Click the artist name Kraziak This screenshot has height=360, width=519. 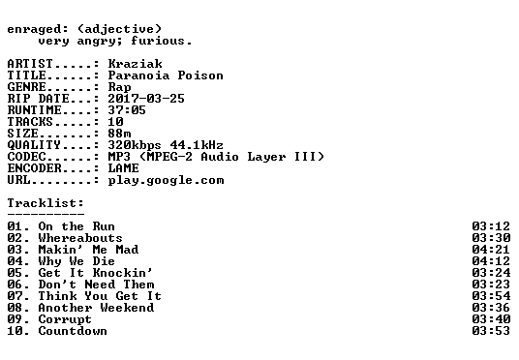click(x=135, y=64)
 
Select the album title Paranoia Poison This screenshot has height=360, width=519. click(x=166, y=75)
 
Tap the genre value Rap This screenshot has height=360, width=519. click(x=119, y=87)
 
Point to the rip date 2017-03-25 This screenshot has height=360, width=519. click(x=146, y=99)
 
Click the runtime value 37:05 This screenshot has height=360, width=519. click(x=127, y=110)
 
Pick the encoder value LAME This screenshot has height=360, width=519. click(x=124, y=168)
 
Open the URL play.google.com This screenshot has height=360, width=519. click(x=166, y=180)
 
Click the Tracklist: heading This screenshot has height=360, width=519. click(x=46, y=203)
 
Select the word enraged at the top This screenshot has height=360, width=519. click(x=34, y=29)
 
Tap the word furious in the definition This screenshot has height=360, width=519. click(x=158, y=41)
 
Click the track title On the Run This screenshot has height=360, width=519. click(x=76, y=226)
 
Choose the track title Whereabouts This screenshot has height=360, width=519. click(x=80, y=238)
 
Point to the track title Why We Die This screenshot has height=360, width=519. click(x=76, y=261)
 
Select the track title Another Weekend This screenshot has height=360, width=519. click(x=96, y=308)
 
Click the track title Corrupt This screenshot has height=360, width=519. click(x=65, y=319)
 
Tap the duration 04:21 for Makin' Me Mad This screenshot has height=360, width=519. click(x=491, y=250)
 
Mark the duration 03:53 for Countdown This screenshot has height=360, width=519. click(x=491, y=331)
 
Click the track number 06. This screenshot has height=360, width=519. click(x=15, y=285)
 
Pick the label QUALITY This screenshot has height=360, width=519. click(x=34, y=145)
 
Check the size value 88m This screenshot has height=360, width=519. click(x=119, y=134)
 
